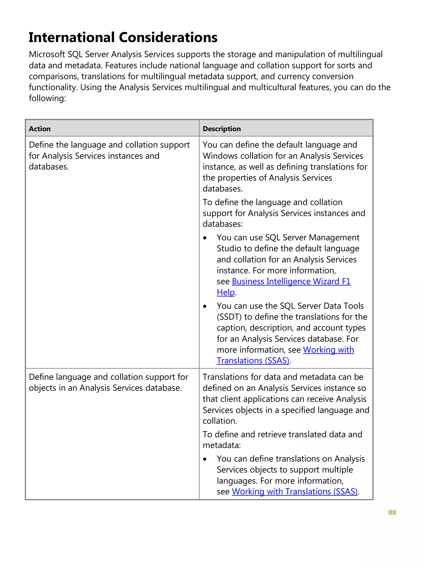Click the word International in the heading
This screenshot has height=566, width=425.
(x=72, y=37)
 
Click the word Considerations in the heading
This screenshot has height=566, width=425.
(x=168, y=37)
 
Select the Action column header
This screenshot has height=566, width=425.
(x=40, y=129)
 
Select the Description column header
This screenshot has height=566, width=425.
(x=221, y=129)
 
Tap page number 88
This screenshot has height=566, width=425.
(x=392, y=512)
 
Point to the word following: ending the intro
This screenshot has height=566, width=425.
(x=47, y=98)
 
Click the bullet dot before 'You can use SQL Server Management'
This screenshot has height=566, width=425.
(x=205, y=238)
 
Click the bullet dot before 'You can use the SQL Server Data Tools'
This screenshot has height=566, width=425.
(x=205, y=306)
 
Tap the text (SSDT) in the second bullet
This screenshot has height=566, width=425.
(x=229, y=317)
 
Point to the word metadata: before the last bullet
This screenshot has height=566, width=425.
(x=221, y=445)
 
